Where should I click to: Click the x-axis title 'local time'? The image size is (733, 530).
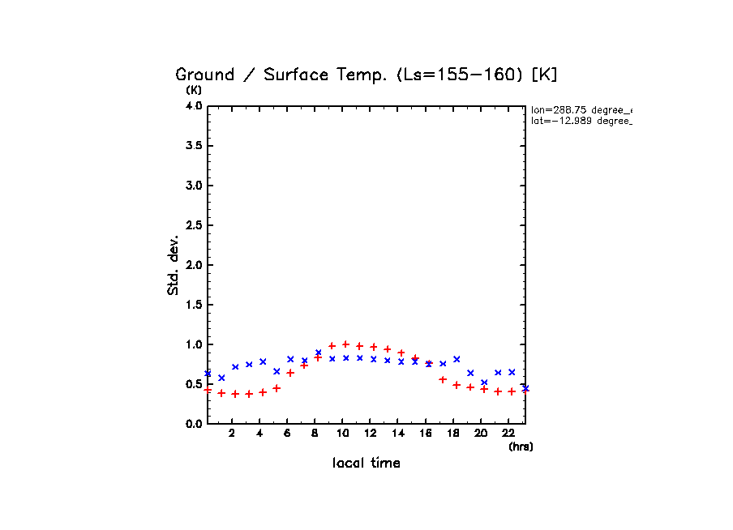366,464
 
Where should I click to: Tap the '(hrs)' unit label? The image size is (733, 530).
521,447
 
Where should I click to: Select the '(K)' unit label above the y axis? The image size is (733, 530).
194,90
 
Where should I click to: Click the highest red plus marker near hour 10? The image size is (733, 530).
346,344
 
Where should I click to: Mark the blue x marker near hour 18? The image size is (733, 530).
457,359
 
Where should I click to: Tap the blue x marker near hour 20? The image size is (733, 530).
484,383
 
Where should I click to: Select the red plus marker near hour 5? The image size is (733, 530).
276,388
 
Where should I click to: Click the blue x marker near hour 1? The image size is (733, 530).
221,378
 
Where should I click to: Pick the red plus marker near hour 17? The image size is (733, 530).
443,379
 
